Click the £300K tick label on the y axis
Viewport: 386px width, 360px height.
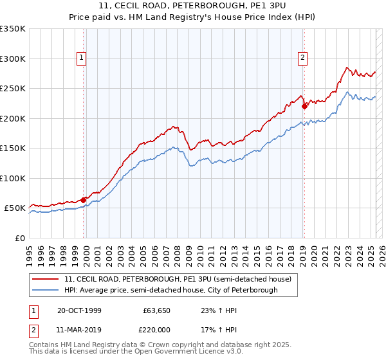pos(13,59)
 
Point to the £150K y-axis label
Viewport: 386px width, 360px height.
pos(13,148)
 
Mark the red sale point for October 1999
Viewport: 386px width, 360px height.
pos(84,200)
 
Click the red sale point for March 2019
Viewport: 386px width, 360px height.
pos(304,107)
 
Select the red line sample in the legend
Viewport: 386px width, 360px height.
pos(46,279)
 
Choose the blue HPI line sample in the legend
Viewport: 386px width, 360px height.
pos(46,290)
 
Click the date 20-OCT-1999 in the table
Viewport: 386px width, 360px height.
pos(79,310)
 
